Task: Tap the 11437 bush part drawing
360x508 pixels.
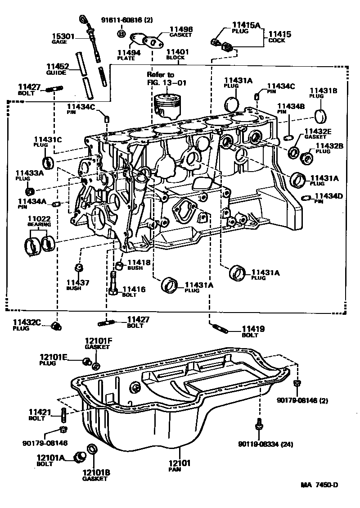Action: point(77,268)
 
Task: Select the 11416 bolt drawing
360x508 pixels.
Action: point(114,284)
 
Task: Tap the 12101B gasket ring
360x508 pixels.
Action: point(91,450)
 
